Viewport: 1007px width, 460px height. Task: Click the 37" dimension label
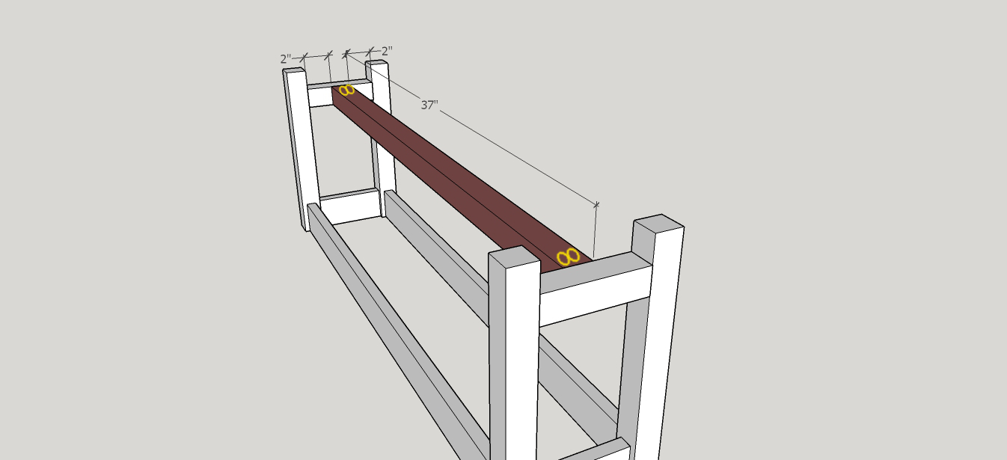click(x=429, y=105)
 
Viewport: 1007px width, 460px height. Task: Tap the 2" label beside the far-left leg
click(x=286, y=59)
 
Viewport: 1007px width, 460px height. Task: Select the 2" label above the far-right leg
click(x=387, y=51)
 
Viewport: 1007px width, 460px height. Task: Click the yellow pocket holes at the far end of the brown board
click(x=346, y=90)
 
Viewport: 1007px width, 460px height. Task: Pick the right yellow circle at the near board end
click(x=573, y=256)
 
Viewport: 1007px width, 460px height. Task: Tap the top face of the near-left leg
click(x=513, y=257)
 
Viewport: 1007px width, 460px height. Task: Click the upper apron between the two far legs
click(x=340, y=93)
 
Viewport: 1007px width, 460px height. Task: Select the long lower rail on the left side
click(x=398, y=331)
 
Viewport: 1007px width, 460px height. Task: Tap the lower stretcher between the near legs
click(x=593, y=450)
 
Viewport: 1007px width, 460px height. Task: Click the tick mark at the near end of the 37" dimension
click(x=596, y=205)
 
